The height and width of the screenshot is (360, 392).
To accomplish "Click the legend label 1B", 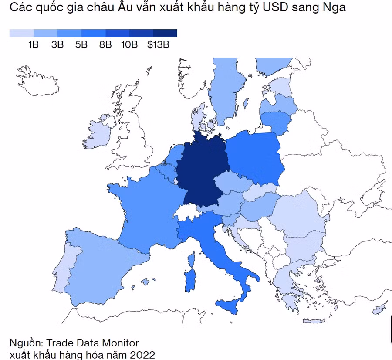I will [34, 44].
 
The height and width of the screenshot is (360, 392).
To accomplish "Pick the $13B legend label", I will [158, 44].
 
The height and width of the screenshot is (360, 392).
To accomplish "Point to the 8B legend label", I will [105, 44].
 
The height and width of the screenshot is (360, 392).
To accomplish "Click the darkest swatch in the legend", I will [165, 33].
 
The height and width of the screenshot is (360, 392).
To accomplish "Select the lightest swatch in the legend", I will [21, 33].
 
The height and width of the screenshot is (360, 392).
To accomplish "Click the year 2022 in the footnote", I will [142, 353].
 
